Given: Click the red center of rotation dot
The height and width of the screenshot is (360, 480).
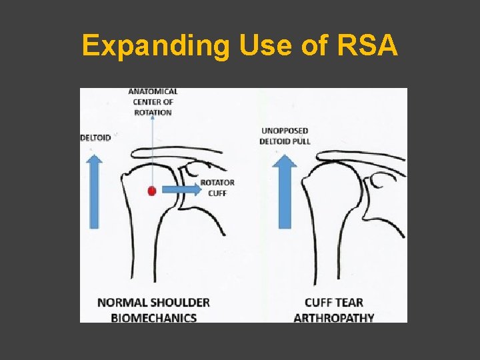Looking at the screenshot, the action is (x=152, y=191).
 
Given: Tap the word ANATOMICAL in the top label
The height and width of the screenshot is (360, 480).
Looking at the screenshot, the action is (x=153, y=92).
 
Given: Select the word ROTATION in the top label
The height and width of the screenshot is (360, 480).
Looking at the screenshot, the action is (x=153, y=112).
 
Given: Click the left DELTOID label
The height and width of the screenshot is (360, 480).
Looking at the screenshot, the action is (x=95, y=138).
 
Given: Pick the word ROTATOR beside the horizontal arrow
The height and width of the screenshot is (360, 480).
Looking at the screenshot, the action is (x=217, y=183).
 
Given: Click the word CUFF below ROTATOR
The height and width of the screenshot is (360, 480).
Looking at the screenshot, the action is (x=217, y=194).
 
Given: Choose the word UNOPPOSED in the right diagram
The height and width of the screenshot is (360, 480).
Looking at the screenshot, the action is (x=285, y=131).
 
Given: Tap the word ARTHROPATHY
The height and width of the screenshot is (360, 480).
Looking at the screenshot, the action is (x=333, y=317).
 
